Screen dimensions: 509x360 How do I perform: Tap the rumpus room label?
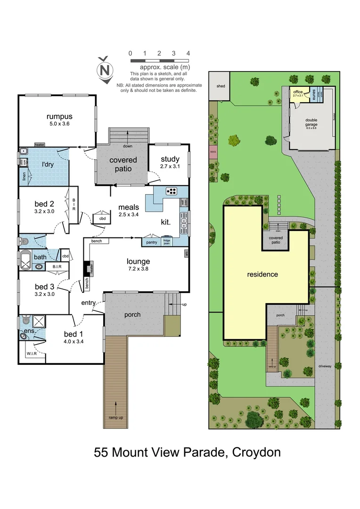pyautogui.click(x=59, y=116)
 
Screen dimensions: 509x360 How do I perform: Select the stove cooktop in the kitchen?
pyautogui.click(x=172, y=191)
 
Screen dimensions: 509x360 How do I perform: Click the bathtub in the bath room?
pyautogui.click(x=26, y=258)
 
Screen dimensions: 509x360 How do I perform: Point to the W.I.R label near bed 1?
pyautogui.click(x=32, y=353)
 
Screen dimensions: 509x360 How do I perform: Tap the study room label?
pyautogui.click(x=170, y=159)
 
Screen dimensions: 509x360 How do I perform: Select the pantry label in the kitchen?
pyautogui.click(x=152, y=242)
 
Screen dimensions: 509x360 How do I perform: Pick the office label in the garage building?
pyautogui.click(x=297, y=92)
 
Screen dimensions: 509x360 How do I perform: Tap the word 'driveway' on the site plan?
pyautogui.click(x=325, y=365)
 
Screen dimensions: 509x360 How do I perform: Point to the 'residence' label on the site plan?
pyautogui.click(x=262, y=274)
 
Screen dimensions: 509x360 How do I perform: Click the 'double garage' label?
pyautogui.click(x=311, y=122)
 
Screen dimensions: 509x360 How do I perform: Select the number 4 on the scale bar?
pyautogui.click(x=188, y=53)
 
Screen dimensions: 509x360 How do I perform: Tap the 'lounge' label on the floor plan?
pyautogui.click(x=138, y=262)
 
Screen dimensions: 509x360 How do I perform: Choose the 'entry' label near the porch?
pyautogui.click(x=89, y=303)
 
